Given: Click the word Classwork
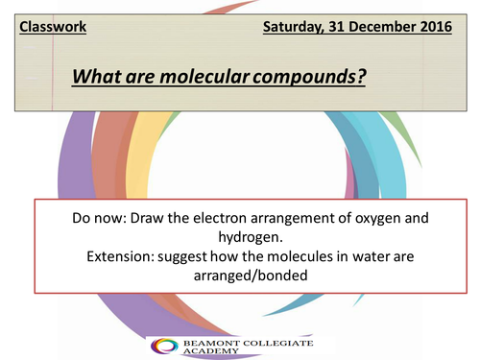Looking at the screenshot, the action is [53, 27].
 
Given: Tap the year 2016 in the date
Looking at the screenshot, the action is [436, 27].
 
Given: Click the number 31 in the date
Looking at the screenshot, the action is [337, 27].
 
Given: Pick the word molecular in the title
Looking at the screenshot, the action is [204, 77].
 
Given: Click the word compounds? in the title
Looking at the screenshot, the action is [309, 77].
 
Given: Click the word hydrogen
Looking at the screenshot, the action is [251, 238].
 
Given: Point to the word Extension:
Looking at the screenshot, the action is [120, 256].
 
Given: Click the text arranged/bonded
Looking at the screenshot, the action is [251, 276].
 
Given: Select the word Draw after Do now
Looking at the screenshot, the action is [147, 218].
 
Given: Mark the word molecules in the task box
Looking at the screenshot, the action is [300, 256].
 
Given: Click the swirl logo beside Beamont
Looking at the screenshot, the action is [164, 346].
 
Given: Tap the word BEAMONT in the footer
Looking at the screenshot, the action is [211, 344].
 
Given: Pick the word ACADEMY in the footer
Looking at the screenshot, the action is [211, 351].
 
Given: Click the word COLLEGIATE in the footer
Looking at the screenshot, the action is [278, 344].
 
